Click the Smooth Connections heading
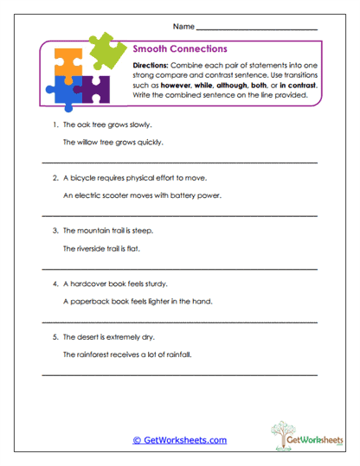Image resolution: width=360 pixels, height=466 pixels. [x=180, y=49]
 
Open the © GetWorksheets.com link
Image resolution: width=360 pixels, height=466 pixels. [x=179, y=440]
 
